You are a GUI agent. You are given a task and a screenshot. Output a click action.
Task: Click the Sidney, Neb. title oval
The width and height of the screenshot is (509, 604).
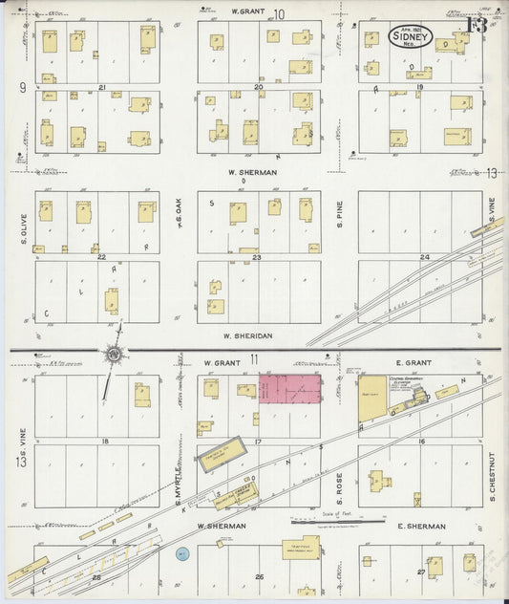(412, 37)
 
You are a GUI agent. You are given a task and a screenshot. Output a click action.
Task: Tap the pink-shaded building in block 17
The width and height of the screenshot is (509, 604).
(291, 388)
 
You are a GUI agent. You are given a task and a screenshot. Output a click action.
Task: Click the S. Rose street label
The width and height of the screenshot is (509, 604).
(338, 488)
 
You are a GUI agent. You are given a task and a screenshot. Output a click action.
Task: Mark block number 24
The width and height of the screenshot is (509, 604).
(424, 257)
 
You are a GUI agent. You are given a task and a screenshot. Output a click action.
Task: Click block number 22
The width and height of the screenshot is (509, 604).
(100, 256)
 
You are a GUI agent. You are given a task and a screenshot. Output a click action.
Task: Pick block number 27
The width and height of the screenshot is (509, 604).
(421, 573)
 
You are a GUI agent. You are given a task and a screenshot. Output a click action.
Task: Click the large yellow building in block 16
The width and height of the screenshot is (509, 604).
(372, 396)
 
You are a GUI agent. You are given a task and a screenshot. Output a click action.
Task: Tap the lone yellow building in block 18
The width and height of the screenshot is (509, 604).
(142, 394)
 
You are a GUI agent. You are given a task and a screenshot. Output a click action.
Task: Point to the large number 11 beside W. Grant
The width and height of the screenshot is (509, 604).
(254, 360)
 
